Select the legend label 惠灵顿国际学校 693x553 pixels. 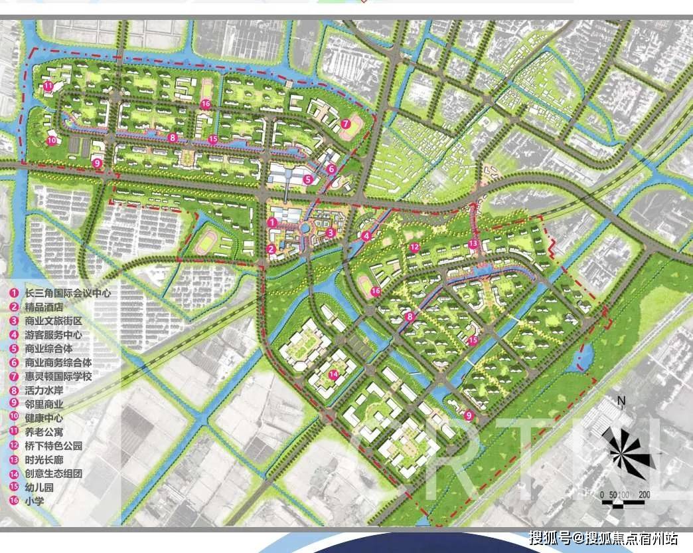pos(58,377)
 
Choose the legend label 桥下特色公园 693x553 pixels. pos(54,446)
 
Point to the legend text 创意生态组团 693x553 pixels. pos(54,474)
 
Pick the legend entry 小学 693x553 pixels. pos(34,502)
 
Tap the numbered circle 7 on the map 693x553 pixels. pos(346,124)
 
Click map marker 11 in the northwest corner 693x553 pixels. pos(48,86)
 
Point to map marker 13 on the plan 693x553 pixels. pos(473,245)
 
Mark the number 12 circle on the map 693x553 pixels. pos(414,247)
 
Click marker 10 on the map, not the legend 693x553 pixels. pos(52,140)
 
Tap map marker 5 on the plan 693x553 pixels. pos(307,179)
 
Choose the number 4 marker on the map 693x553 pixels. pos(366,235)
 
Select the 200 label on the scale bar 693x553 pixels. pos(644,495)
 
